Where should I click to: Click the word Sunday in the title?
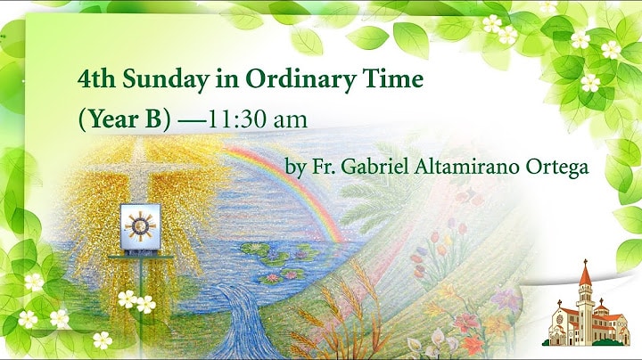tap(166, 80)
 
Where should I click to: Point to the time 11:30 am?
tap(258, 119)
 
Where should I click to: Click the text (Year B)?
tap(124, 120)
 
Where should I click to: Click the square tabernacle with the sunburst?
tap(141, 227)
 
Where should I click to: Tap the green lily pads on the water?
tap(278, 262)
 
